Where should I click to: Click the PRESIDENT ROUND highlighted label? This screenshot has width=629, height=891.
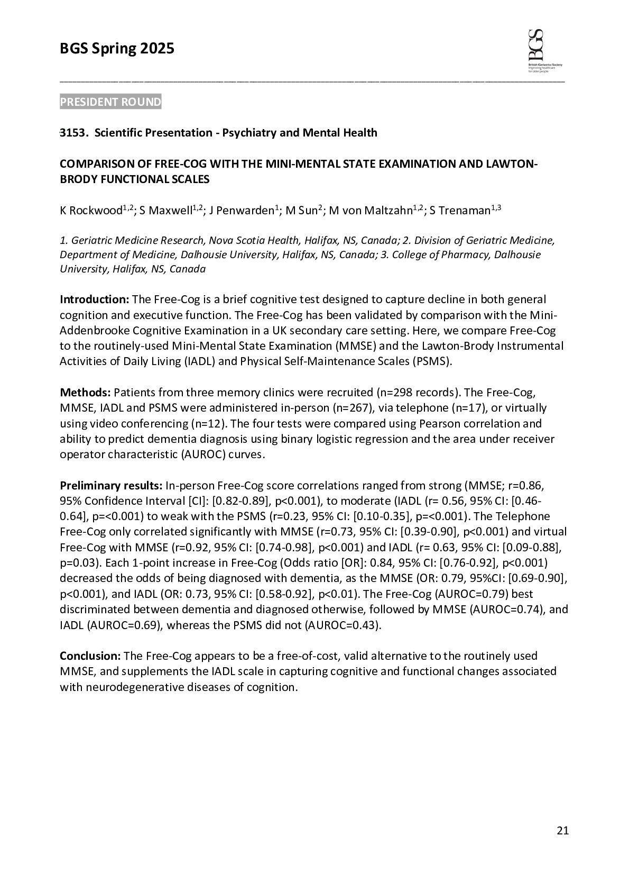click(110, 102)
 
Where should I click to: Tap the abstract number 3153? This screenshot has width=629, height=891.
click(72, 133)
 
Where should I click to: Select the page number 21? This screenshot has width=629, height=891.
click(562, 831)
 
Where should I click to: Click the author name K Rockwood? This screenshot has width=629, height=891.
click(91, 211)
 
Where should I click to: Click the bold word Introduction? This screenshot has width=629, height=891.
click(94, 299)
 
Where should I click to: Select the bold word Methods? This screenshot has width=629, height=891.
click(85, 393)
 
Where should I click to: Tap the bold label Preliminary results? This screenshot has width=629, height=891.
click(111, 486)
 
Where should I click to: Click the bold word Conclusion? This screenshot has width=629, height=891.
click(90, 656)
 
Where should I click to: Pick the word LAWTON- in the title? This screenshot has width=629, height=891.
click(511, 163)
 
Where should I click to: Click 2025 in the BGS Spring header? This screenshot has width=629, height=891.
click(157, 49)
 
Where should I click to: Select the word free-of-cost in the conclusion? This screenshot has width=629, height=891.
click(309, 656)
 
